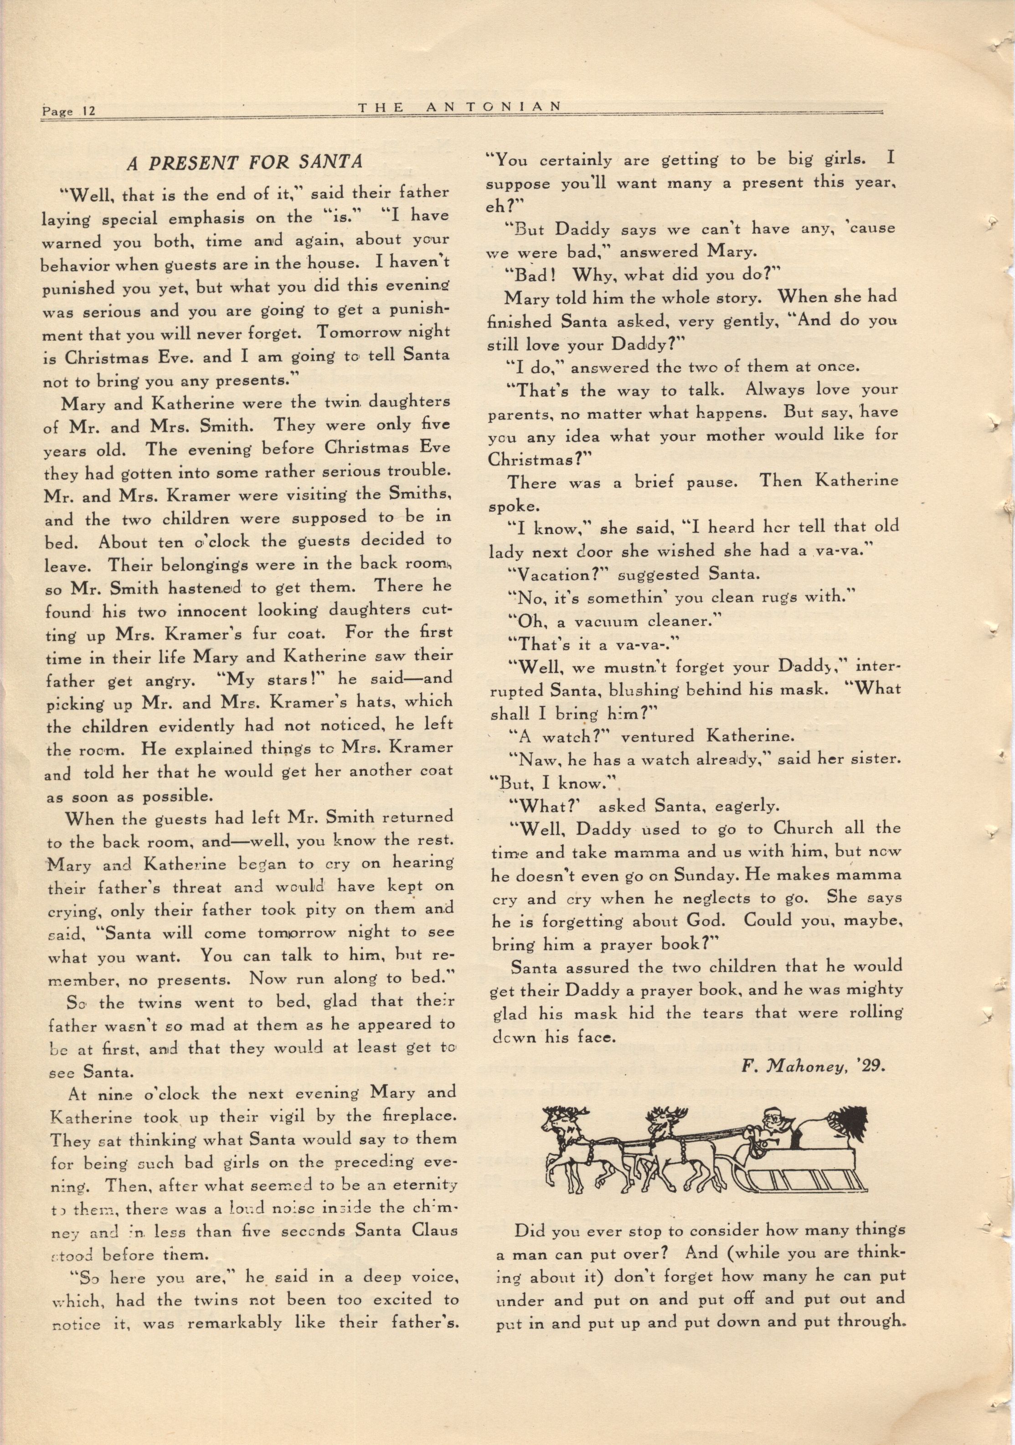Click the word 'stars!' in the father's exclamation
click(297, 680)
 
